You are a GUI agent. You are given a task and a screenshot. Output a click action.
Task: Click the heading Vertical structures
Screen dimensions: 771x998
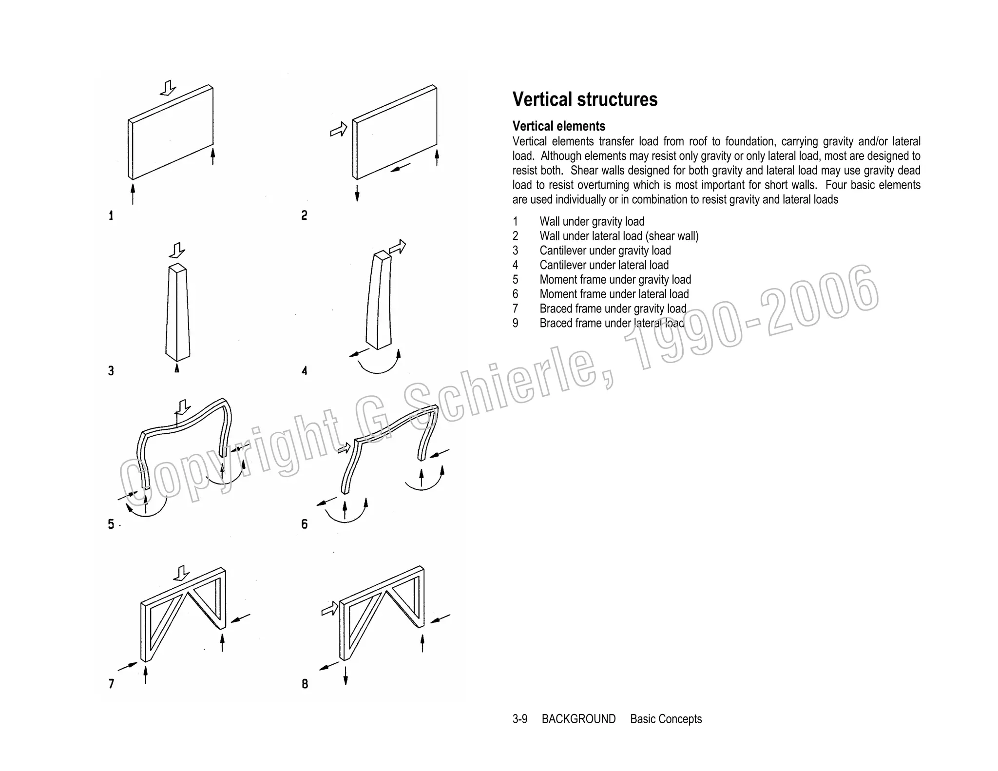click(x=585, y=99)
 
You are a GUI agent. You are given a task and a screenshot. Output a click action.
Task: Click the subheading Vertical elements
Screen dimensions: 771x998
click(x=558, y=126)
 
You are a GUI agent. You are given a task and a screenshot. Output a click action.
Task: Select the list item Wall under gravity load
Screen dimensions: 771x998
click(x=592, y=222)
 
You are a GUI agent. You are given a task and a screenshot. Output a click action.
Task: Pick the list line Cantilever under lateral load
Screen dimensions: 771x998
click(x=604, y=265)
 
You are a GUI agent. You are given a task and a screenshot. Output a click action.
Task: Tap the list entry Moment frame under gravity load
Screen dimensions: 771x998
click(x=615, y=280)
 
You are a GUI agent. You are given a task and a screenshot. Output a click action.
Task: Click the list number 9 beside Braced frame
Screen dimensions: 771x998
click(x=515, y=324)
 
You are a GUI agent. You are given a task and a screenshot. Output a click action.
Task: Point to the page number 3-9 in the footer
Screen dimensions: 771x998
click(x=519, y=719)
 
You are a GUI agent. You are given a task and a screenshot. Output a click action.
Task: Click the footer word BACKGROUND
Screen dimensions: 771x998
click(x=578, y=719)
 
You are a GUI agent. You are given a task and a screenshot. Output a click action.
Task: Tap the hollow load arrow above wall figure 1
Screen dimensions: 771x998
click(x=169, y=88)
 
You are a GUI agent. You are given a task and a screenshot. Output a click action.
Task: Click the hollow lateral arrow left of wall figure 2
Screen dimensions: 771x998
click(x=339, y=129)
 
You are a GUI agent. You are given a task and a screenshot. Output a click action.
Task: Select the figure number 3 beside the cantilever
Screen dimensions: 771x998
click(x=111, y=371)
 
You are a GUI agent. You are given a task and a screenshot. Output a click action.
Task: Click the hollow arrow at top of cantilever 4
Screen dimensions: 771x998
click(x=397, y=247)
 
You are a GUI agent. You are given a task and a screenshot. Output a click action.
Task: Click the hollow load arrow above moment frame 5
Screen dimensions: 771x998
click(x=183, y=407)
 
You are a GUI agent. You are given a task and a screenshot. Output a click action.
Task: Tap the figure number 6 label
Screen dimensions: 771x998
click(x=305, y=524)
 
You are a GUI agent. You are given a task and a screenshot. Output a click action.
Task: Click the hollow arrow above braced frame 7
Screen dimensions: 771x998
click(x=182, y=573)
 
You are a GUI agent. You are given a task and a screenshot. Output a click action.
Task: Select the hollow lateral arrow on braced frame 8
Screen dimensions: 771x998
click(x=330, y=609)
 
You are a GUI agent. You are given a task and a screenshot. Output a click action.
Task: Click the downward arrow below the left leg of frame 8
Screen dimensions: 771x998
click(x=345, y=675)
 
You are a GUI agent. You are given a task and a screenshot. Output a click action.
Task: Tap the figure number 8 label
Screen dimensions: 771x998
click(x=305, y=684)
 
